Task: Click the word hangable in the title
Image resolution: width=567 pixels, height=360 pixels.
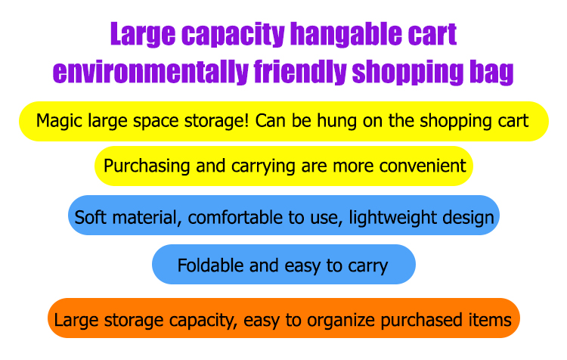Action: [346, 34]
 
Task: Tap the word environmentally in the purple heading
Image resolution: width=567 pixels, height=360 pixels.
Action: [150, 72]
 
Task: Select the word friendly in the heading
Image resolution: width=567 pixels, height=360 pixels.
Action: [300, 72]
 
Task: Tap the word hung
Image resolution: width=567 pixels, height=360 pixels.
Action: [337, 121]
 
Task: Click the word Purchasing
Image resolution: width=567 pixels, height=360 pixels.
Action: [147, 166]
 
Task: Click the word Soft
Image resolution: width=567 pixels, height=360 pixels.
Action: [91, 218]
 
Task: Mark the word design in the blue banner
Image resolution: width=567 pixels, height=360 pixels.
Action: [468, 218]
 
